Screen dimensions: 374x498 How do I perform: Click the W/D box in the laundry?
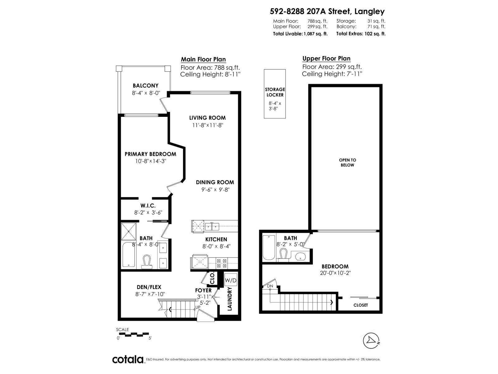click(231, 280)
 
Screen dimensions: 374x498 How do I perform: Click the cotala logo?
click(128, 359)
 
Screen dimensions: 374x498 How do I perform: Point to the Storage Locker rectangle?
click(275, 94)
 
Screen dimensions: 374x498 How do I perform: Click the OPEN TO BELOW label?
click(347, 162)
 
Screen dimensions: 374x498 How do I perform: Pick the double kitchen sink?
click(212, 226)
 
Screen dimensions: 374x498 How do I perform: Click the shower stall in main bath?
click(129, 231)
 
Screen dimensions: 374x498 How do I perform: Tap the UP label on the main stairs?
click(197, 307)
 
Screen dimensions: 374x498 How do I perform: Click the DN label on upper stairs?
click(270, 286)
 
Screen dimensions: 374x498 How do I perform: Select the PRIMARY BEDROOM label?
click(150, 154)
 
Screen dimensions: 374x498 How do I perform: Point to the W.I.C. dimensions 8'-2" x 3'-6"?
click(148, 213)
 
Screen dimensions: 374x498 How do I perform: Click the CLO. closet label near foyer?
click(212, 278)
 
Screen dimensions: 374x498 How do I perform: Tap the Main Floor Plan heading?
click(203, 59)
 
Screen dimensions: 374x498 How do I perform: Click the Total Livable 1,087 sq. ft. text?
click(300, 34)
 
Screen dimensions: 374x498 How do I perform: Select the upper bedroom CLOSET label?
click(360, 305)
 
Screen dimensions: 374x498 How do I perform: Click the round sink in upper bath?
click(300, 257)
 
